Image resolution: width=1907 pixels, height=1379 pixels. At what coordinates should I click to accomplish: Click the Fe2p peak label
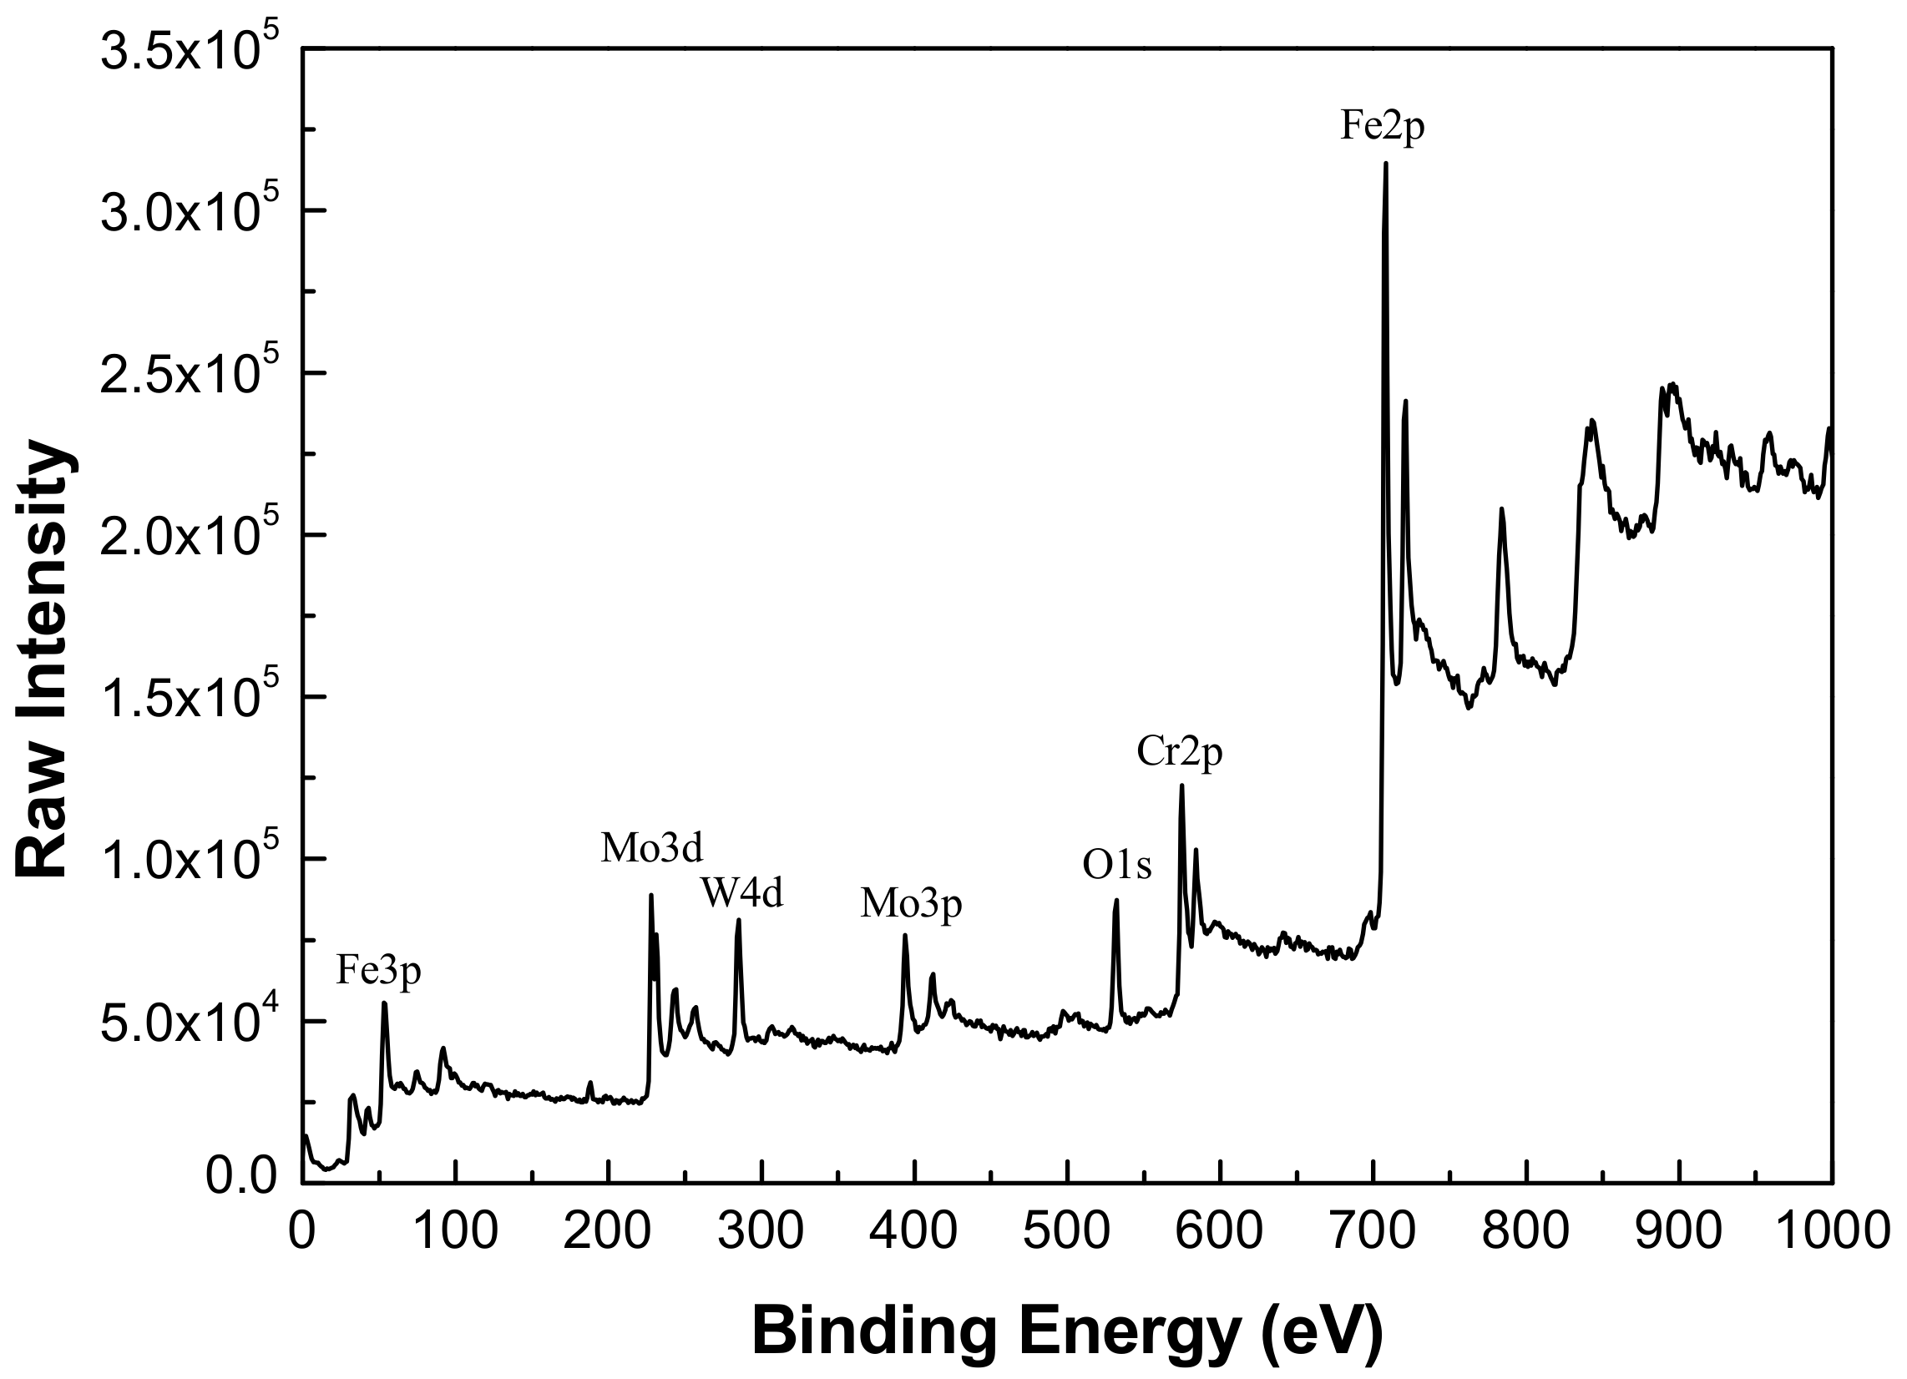[1383, 127]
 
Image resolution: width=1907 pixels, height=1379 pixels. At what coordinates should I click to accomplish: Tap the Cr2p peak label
[1179, 751]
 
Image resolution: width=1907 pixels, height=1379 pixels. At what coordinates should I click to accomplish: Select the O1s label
[1116, 866]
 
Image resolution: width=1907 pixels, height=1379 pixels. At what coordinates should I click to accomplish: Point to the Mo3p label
[911, 904]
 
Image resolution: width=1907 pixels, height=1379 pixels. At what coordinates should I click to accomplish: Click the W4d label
[742, 893]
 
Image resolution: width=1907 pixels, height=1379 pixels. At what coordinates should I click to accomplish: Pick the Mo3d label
[650, 848]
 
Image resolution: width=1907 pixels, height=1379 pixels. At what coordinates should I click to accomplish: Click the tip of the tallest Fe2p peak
[1386, 164]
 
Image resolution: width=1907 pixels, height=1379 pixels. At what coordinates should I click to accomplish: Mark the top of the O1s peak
[1116, 901]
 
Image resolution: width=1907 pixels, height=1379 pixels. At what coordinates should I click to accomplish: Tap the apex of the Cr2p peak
[1181, 785]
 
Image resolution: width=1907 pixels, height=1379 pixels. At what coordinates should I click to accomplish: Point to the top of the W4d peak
[738, 920]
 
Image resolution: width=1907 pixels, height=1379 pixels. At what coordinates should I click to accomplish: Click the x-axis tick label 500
[1066, 1231]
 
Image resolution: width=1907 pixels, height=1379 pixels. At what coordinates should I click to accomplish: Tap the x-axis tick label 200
[608, 1231]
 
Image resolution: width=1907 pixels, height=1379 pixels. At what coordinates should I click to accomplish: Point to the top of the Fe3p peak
[384, 1003]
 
